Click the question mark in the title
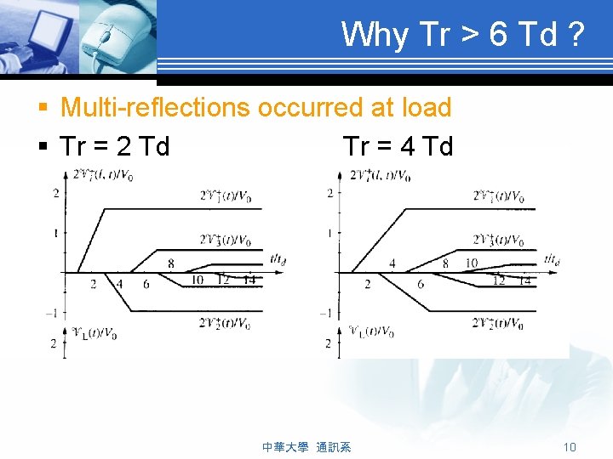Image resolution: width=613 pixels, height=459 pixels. point(576,35)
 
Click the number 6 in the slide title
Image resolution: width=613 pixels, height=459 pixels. point(500,35)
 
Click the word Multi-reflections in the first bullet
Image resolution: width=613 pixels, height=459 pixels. point(156,108)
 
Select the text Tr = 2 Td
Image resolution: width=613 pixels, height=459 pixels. point(115,147)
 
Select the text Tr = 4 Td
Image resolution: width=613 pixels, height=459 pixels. point(398,147)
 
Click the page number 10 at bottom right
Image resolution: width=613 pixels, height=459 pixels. point(570,447)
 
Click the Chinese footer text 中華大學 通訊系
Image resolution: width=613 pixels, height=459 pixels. point(306,447)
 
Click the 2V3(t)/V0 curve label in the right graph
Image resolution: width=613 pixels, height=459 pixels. point(498,241)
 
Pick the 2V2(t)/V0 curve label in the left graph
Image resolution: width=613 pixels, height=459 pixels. point(225,323)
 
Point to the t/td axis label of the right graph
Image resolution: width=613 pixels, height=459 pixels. point(551,259)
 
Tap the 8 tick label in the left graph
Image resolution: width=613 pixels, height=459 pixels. point(170,264)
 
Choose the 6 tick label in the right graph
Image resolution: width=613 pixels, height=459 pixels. point(421,284)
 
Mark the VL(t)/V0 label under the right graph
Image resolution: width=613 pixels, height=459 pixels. point(371,331)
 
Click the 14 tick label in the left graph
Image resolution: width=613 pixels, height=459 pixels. point(249,280)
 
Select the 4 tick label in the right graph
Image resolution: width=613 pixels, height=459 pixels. point(392,264)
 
